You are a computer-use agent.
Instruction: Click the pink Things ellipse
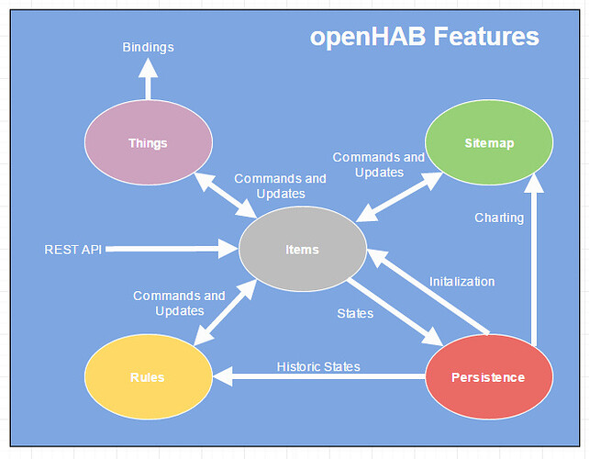(149, 142)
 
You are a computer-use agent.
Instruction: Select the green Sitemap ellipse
(489, 142)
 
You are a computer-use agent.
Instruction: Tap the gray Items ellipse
(303, 249)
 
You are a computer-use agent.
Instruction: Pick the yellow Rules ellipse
(149, 376)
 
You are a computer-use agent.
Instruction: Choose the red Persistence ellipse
(489, 376)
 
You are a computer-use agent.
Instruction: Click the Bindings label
(148, 48)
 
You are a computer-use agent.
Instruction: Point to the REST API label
(72, 250)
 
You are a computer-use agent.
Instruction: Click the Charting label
(499, 218)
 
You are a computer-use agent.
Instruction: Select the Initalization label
(462, 282)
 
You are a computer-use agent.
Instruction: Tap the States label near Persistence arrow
(355, 314)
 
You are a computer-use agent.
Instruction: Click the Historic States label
(318, 366)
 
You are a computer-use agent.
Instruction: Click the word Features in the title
(486, 37)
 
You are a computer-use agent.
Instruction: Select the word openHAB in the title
(368, 38)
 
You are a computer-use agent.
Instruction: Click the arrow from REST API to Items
(172, 249)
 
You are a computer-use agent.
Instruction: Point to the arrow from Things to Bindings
(148, 79)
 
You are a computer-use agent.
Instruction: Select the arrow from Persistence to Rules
(319, 376)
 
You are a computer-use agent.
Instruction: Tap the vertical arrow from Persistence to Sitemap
(533, 260)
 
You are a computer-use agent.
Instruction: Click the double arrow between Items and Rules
(225, 312)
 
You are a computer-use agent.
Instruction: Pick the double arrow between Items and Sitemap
(399, 197)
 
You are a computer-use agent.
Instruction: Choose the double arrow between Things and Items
(226, 196)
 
